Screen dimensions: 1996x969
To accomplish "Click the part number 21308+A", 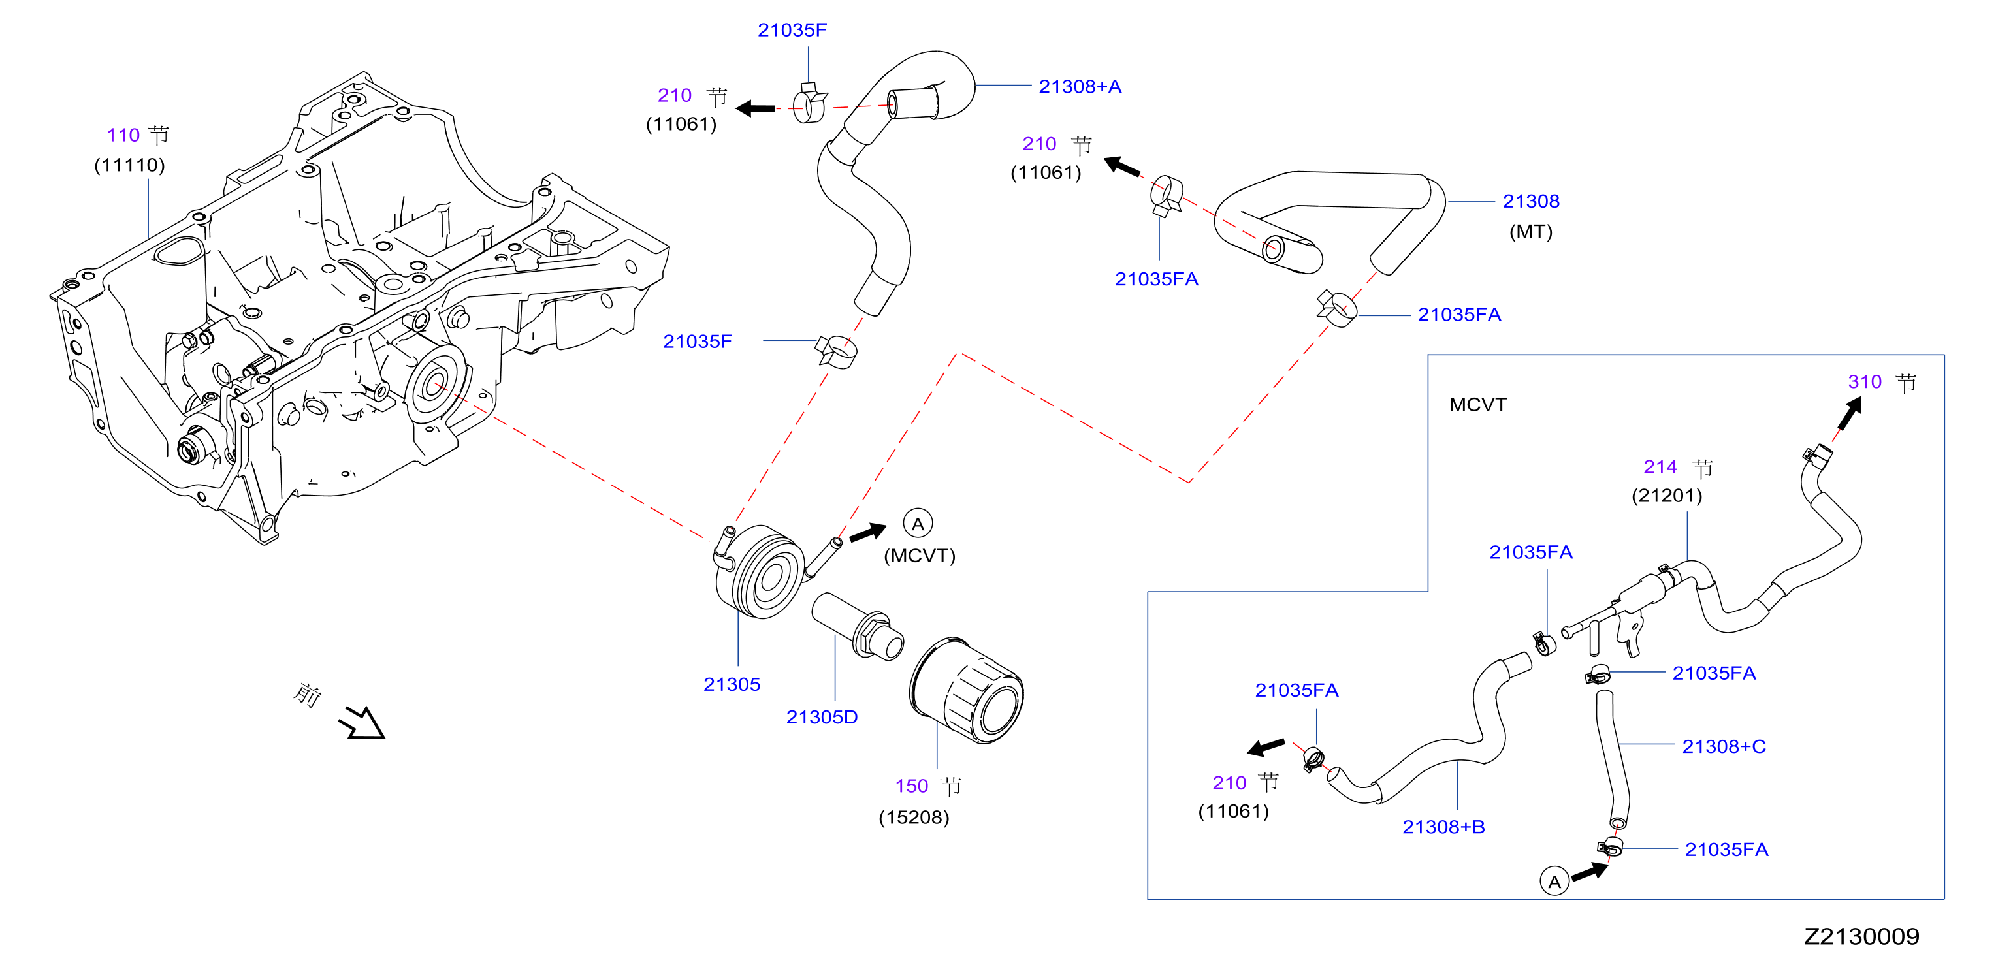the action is click(x=1080, y=87).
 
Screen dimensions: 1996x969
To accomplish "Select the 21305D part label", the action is click(x=822, y=717).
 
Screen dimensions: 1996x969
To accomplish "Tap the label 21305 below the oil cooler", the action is click(x=732, y=685).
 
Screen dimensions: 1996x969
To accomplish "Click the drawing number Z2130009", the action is click(x=1861, y=936).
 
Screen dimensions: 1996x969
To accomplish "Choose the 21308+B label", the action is click(x=1443, y=827).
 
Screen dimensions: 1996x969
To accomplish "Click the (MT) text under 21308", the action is click(x=1530, y=232).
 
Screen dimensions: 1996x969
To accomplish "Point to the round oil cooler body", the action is click(x=760, y=571).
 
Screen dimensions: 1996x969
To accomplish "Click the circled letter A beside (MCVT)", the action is click(x=918, y=524).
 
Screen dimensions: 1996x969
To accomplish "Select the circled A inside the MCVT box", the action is click(x=1554, y=882).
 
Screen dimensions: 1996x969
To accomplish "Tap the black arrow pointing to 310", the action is click(x=1850, y=413).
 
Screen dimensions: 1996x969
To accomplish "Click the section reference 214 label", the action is click(x=1660, y=467).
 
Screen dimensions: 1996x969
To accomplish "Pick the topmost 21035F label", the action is click(x=792, y=30).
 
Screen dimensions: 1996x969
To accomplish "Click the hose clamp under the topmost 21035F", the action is click(x=809, y=103).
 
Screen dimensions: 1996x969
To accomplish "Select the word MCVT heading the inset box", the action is click(x=1477, y=404).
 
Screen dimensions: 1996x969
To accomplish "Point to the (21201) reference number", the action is click(x=1667, y=495).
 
